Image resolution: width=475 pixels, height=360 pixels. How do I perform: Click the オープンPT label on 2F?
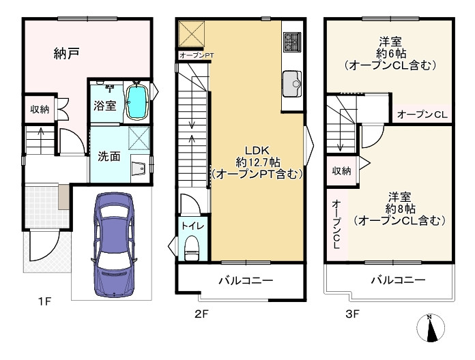pos(196,55)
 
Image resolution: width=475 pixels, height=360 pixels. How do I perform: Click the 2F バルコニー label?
pos(246,280)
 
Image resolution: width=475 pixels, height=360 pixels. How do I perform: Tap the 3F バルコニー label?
pos(399,280)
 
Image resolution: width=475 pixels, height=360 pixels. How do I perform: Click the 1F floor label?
pos(44,300)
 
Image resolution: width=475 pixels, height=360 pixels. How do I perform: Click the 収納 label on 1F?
pos(39,109)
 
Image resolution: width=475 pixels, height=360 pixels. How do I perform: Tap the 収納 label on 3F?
pos(343,171)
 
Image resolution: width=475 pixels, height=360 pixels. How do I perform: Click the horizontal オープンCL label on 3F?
pos(421,115)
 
